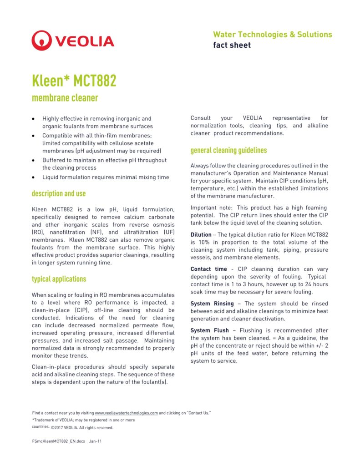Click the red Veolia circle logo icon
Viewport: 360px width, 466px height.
coord(41,41)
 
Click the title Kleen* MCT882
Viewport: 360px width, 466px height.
coord(74,81)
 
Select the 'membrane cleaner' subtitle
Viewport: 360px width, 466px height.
coord(65,98)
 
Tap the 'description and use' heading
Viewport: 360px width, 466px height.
coord(58,193)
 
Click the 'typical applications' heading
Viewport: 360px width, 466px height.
coord(59,279)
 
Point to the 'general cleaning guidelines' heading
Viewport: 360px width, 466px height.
coord(228,150)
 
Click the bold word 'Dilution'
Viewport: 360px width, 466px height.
coord(201,235)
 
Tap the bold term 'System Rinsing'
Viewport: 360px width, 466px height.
coord(212,304)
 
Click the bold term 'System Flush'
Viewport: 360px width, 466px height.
coord(209,330)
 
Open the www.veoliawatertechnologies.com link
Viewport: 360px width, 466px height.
coord(127,413)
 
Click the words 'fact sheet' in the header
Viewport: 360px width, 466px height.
coord(232,45)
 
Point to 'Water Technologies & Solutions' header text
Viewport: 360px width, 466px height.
coord(272,35)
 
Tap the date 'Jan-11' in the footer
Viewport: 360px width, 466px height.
coord(96,441)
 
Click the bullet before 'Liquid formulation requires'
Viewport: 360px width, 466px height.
coord(33,177)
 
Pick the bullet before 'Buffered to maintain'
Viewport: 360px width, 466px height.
coord(33,161)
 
